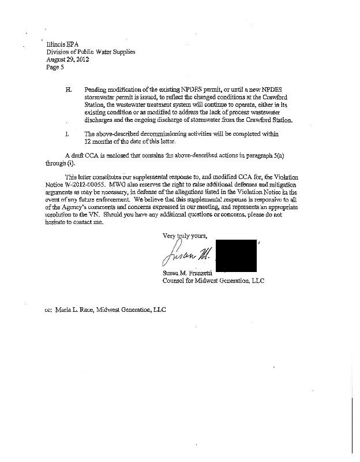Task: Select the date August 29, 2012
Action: click(66, 59)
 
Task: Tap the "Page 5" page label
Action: click(55, 67)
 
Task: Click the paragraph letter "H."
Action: click(68, 91)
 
